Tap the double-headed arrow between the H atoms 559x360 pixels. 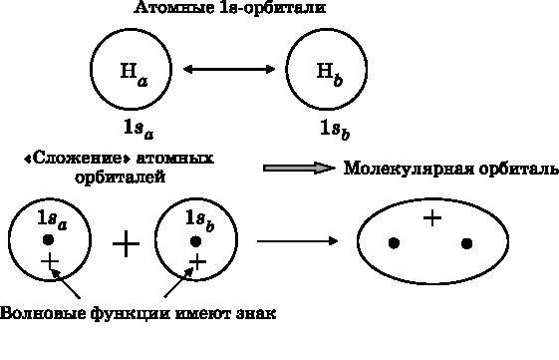pos(229,69)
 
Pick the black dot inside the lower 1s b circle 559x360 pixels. pos(196,240)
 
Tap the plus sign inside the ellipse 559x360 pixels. pos(432,217)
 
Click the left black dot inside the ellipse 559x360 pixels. pos(394,242)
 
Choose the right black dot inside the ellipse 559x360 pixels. pos(466,242)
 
